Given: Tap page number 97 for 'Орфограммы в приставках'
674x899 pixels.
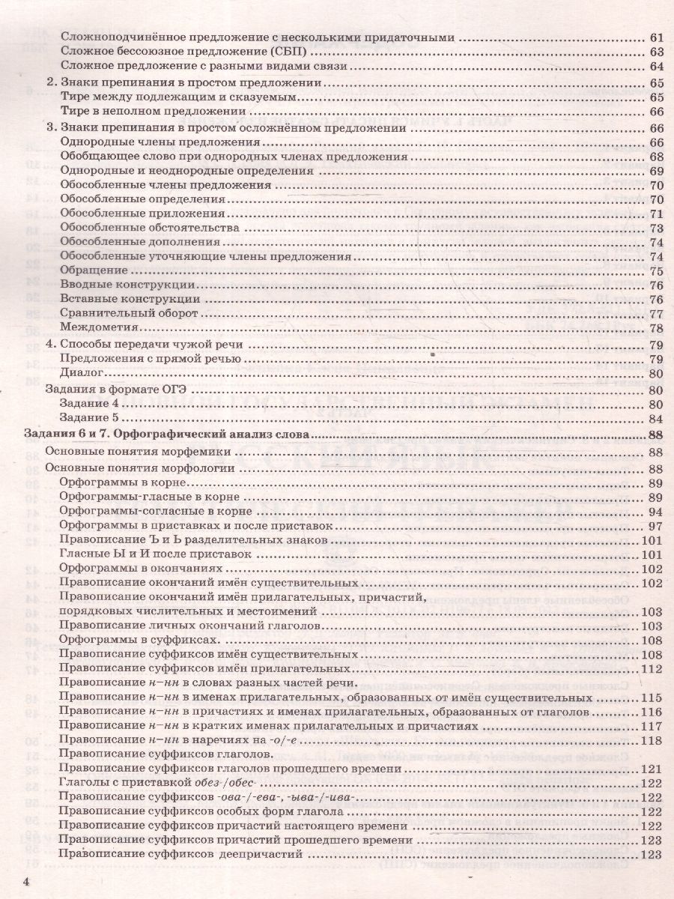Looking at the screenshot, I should click(x=656, y=527).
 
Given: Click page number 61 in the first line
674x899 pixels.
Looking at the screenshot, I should click(x=656, y=37).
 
